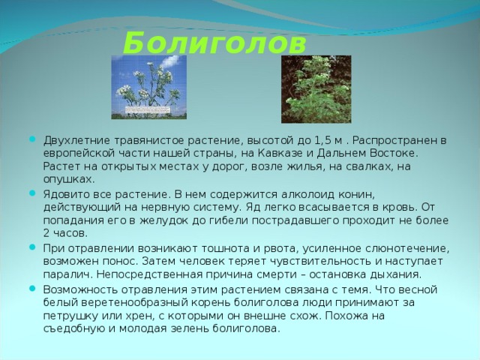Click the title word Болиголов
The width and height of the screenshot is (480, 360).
[214, 41]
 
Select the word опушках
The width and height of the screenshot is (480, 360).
[68, 178]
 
